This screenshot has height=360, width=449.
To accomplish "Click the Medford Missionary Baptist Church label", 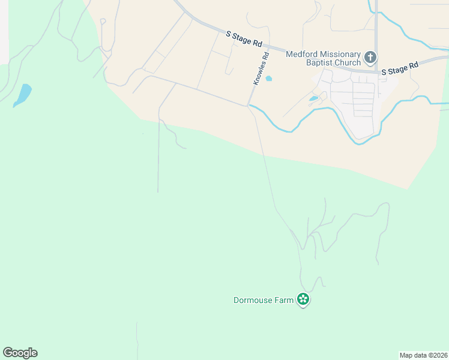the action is [323, 58].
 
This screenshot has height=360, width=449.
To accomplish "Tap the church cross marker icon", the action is [370, 58].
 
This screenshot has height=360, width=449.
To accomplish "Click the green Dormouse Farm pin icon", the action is [303, 299].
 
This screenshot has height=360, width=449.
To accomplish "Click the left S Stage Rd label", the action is [244, 39].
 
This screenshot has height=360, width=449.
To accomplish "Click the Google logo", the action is [20, 353].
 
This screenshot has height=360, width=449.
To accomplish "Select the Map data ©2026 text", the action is [423, 355].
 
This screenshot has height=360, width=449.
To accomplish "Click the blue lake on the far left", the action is [23, 95].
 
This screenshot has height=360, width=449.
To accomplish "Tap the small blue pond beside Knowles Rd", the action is [268, 78].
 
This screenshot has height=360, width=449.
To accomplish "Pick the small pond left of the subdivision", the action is [313, 98].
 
